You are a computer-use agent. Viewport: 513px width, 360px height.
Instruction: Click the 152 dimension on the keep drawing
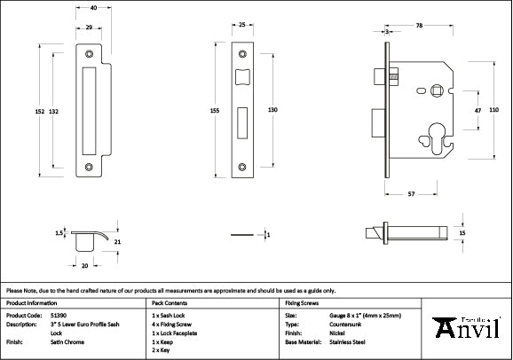(40, 111)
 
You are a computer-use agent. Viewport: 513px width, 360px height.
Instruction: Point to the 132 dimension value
(54, 111)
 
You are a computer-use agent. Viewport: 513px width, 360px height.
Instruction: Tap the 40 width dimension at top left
(93, 7)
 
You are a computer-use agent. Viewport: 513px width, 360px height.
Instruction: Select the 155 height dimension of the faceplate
(215, 111)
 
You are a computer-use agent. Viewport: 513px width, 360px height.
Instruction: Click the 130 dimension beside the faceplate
(273, 110)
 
